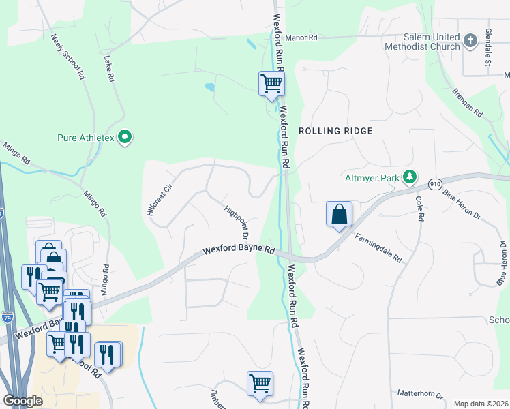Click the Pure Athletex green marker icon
pos(124,138)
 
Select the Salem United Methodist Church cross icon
pos(470,41)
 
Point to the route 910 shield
pos(436,184)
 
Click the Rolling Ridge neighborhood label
pos(335,131)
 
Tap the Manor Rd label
pos(301,39)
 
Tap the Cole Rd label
pos(420,208)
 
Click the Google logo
pos(23,401)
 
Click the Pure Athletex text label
pos(86,138)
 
